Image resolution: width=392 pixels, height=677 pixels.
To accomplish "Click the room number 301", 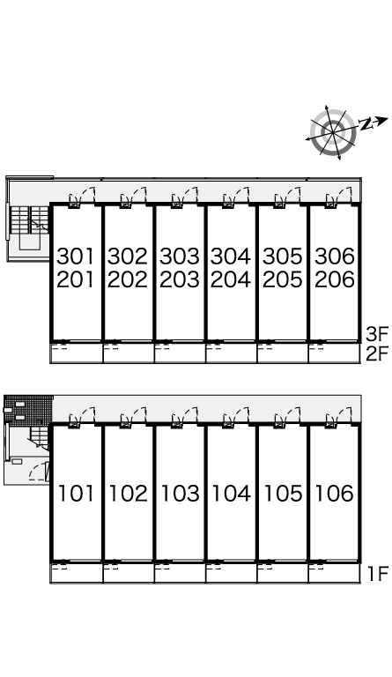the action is pyautogui.click(x=76, y=256).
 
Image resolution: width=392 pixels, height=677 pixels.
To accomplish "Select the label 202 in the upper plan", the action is pyautogui.click(x=127, y=279).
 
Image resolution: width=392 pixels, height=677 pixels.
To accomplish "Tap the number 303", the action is pyautogui.click(x=180, y=256).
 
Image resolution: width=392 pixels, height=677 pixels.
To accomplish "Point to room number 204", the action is pyautogui.click(x=231, y=279).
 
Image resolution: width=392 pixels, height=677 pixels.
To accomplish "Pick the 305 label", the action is pyautogui.click(x=283, y=256).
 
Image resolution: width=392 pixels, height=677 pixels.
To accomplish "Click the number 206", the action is pyautogui.click(x=334, y=279).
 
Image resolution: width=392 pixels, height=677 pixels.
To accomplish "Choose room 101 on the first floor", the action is pyautogui.click(x=76, y=493).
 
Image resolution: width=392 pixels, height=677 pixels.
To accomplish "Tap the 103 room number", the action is pyautogui.click(x=180, y=493).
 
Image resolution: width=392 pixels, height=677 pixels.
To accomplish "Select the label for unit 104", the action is pyautogui.click(x=231, y=493).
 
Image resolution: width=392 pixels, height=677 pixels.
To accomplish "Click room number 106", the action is pyautogui.click(x=334, y=493).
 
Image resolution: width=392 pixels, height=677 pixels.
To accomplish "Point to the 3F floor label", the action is pyautogui.click(x=377, y=334).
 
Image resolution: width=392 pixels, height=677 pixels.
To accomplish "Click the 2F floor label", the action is pyautogui.click(x=377, y=354).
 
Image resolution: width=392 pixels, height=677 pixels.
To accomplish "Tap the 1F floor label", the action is pyautogui.click(x=378, y=573).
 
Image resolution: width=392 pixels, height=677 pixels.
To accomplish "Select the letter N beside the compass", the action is pyautogui.click(x=366, y=124).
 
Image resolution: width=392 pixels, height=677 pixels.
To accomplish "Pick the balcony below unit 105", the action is pyautogui.click(x=283, y=573).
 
